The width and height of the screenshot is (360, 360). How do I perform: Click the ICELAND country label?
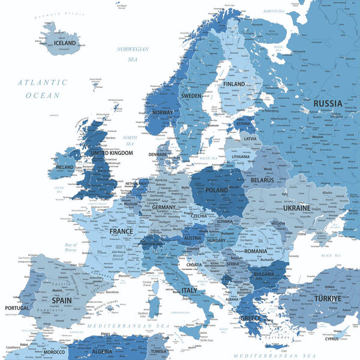(x=65, y=43)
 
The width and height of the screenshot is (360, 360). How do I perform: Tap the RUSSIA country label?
(x=328, y=103)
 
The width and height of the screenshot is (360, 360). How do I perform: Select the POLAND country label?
(x=217, y=190)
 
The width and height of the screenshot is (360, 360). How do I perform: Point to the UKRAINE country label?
(x=296, y=208)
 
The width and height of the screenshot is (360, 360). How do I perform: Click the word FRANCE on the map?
(x=121, y=231)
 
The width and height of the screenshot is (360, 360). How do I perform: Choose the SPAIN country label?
(x=62, y=299)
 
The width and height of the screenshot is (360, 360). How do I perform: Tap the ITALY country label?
(x=189, y=290)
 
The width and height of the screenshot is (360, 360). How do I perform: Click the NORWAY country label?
(x=163, y=112)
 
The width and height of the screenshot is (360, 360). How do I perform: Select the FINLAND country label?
(x=234, y=84)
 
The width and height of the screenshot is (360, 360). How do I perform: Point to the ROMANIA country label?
(x=255, y=251)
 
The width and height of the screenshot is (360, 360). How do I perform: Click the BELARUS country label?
(x=262, y=180)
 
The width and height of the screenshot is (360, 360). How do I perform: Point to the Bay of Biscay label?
(x=71, y=248)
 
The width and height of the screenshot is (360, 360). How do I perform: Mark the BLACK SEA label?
(x=330, y=256)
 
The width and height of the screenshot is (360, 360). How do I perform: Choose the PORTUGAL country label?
(x=16, y=308)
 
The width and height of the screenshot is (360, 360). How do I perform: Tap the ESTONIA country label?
(x=243, y=124)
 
